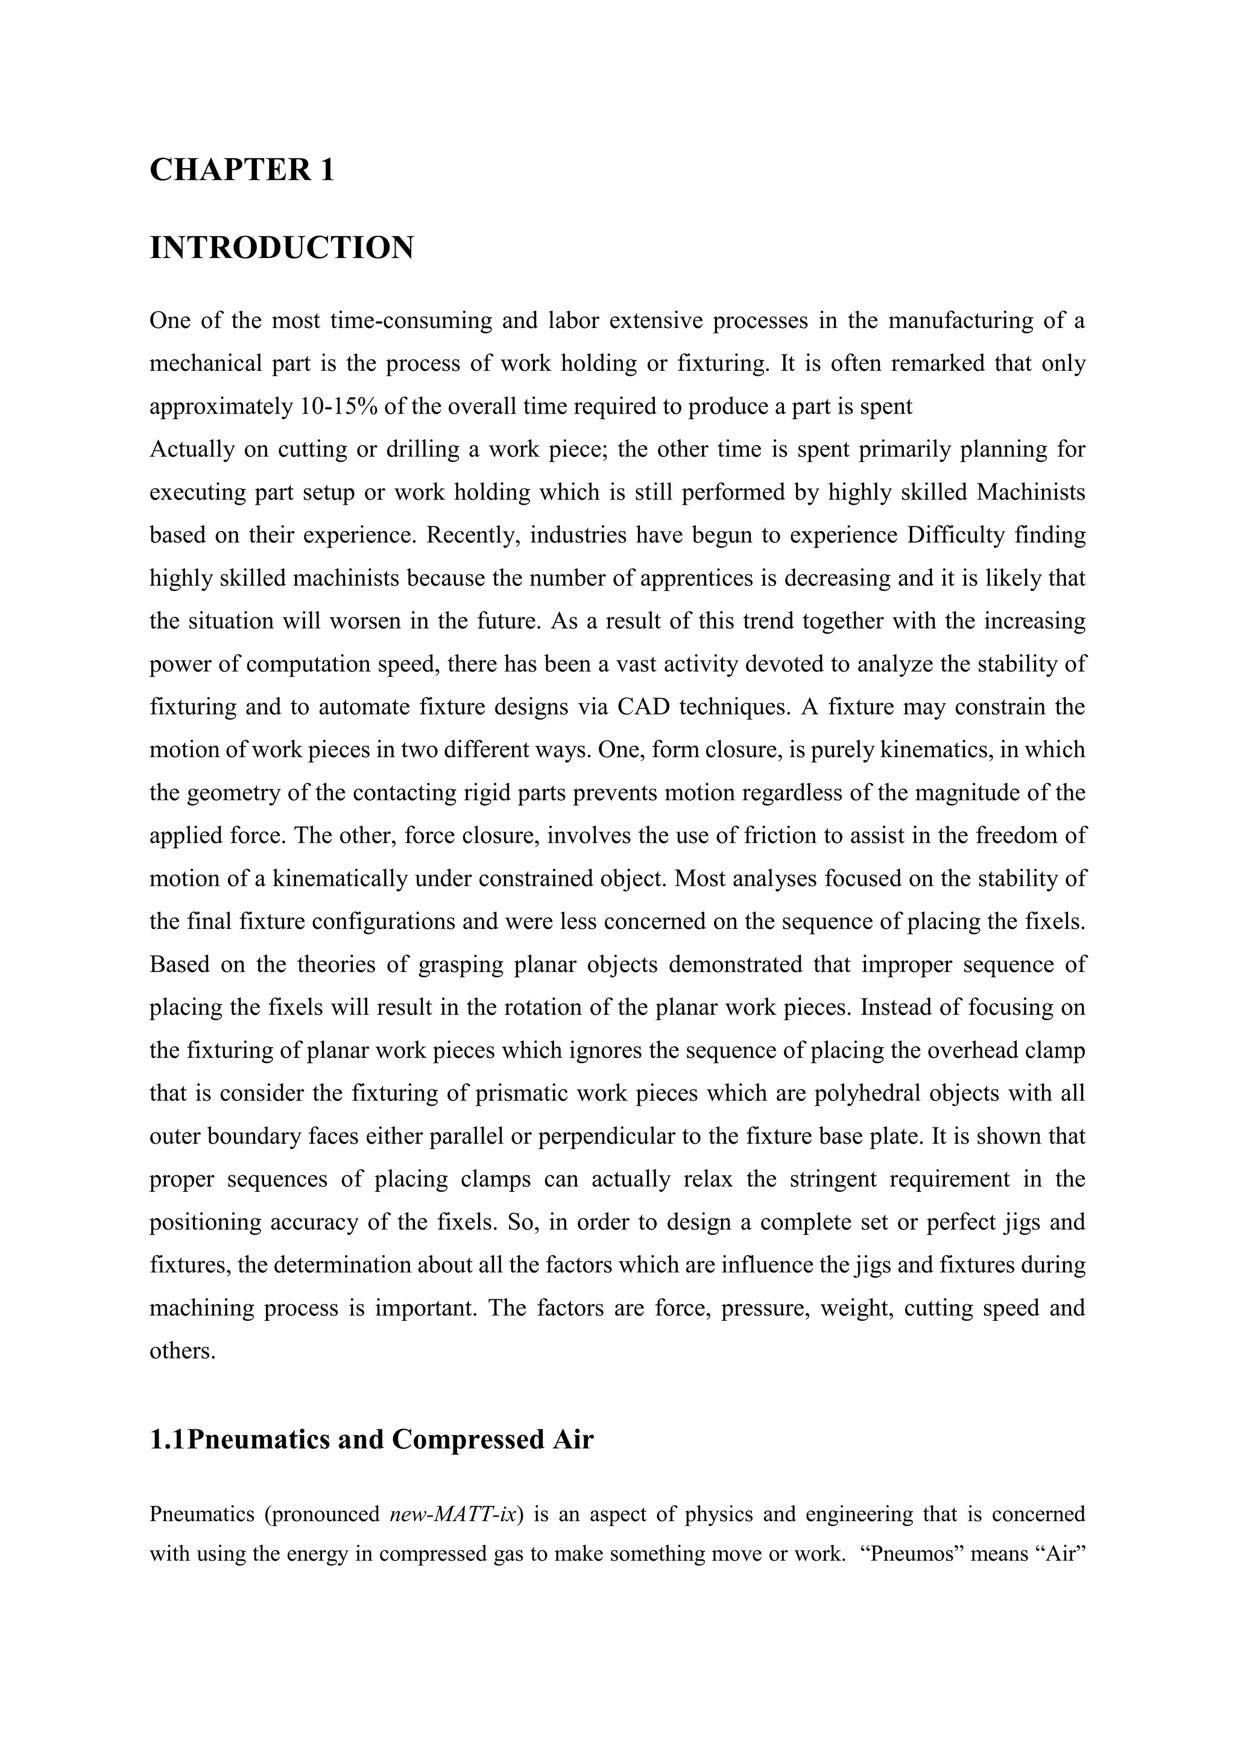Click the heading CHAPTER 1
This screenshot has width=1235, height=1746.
tap(242, 169)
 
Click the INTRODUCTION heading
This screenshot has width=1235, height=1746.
tap(282, 248)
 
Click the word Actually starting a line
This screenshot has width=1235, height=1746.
tap(192, 449)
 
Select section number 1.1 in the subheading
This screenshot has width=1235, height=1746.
tap(167, 1440)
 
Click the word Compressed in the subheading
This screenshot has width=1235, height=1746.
tap(467, 1440)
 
